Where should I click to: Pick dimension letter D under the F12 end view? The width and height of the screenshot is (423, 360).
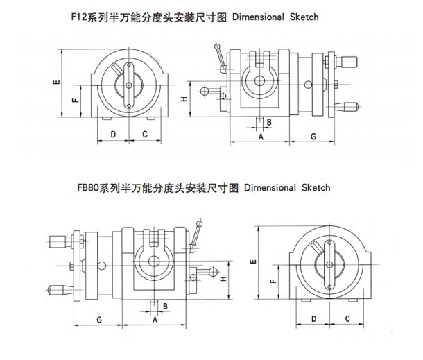click(x=113, y=134)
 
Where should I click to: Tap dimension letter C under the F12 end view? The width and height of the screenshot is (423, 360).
click(x=145, y=134)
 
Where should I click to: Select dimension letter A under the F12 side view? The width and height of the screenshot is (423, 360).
click(x=261, y=137)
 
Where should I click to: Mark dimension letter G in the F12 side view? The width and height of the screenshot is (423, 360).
click(x=313, y=137)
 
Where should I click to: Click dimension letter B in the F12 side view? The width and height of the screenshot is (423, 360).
click(x=268, y=122)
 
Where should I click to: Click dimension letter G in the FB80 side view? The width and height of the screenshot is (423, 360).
click(x=101, y=318)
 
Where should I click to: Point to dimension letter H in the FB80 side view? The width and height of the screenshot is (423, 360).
click(x=222, y=280)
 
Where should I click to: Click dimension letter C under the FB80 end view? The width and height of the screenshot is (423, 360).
click(x=345, y=318)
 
